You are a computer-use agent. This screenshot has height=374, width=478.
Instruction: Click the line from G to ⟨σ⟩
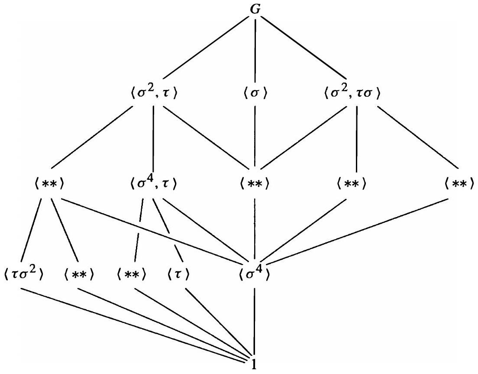(x=255, y=48)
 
